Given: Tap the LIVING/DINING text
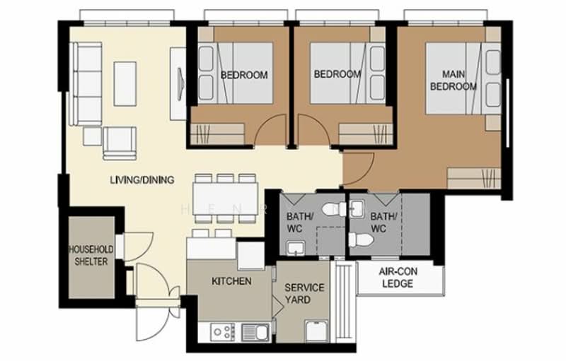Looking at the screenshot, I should [x=141, y=180].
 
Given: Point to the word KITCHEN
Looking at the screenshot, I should [x=231, y=281].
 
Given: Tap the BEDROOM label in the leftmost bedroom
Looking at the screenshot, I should [x=244, y=76].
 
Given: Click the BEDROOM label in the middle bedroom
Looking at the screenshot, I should [x=337, y=74].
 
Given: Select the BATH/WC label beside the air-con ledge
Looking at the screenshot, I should [x=383, y=223].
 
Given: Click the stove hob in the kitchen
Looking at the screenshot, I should [x=221, y=331].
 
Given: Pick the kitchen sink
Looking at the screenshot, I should [x=254, y=331].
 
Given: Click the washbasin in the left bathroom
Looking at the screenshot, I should [x=294, y=246].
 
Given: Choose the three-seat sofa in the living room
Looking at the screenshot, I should [x=88, y=83].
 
